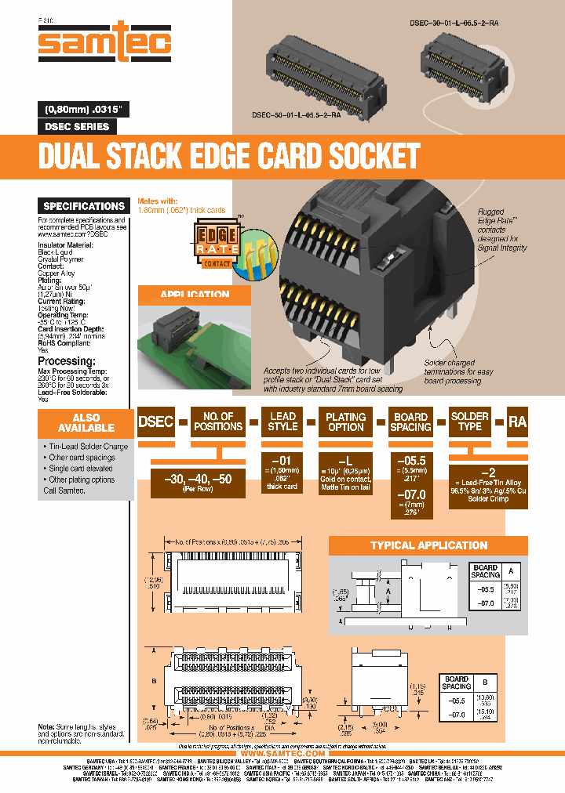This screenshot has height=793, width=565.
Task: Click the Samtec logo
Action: pyautogui.click(x=105, y=43)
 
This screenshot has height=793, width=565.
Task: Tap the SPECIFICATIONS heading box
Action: pyautogui.click(x=84, y=206)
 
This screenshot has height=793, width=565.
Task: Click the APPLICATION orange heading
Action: pyautogui.click(x=195, y=295)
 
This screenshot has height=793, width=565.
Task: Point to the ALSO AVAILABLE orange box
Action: pyautogui.click(x=86, y=423)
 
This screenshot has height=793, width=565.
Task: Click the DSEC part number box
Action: pyautogui.click(x=155, y=422)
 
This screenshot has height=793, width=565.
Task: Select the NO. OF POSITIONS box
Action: pyautogui.click(x=217, y=422)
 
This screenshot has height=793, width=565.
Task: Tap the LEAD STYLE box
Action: pyautogui.click(x=282, y=422)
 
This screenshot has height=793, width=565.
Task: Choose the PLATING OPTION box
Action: pyautogui.click(x=346, y=422)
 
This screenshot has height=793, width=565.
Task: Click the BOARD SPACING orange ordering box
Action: pyautogui.click(x=410, y=422)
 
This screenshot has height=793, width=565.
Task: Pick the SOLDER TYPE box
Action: pyautogui.click(x=470, y=422)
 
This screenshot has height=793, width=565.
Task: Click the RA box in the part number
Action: pyautogui.click(x=517, y=422)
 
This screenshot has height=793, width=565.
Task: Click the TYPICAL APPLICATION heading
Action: pyautogui.click(x=428, y=545)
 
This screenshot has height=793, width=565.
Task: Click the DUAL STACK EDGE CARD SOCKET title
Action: pyautogui.click(x=229, y=156)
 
